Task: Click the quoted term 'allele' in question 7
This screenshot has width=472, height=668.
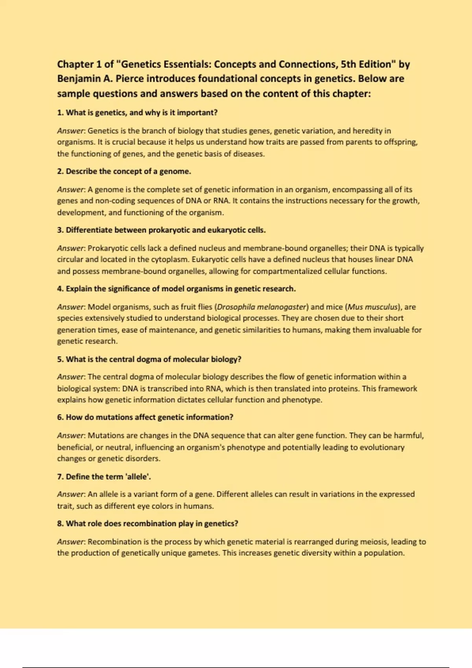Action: [138, 477]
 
